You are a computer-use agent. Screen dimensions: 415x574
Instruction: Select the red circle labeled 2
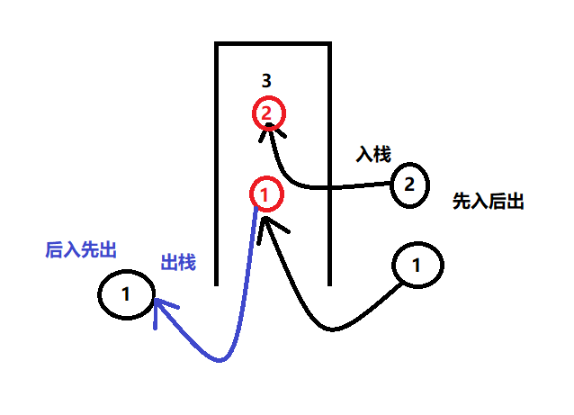pyautogui.click(x=268, y=113)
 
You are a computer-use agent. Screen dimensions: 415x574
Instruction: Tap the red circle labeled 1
pyautogui.click(x=265, y=193)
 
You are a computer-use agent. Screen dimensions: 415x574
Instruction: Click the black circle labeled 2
pyautogui.click(x=409, y=185)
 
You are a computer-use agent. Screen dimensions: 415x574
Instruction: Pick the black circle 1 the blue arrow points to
pyautogui.click(x=126, y=293)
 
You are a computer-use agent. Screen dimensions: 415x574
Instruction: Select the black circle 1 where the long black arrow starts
pyautogui.click(x=416, y=266)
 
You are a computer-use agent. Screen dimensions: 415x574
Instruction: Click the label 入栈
pyautogui.click(x=373, y=155)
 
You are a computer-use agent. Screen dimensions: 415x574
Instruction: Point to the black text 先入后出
pyautogui.click(x=489, y=202)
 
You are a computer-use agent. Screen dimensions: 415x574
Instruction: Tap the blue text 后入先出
pyautogui.click(x=82, y=249)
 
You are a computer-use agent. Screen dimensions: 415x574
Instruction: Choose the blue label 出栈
pyautogui.click(x=178, y=263)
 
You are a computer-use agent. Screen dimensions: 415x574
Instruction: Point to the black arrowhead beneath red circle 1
pyautogui.click(x=263, y=221)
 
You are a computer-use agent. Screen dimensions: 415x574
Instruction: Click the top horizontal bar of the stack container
pyautogui.click(x=274, y=44)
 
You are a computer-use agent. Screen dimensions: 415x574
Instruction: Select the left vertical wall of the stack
pyautogui.click(x=218, y=162)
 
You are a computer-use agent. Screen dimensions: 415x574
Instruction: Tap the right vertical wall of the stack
pyautogui.click(x=329, y=162)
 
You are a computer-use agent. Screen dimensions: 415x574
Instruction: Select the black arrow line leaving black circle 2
pyautogui.click(x=360, y=187)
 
